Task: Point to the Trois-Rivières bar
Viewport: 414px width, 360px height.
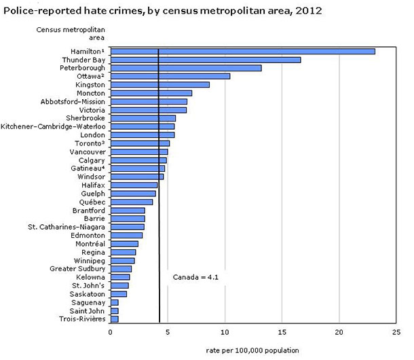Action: coord(114,319)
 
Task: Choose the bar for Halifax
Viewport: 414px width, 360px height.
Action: coord(134,185)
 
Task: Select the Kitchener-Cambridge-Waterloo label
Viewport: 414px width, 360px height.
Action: coord(53,126)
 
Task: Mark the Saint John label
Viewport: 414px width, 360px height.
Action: coord(88,310)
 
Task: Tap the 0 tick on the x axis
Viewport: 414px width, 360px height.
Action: coord(110,333)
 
